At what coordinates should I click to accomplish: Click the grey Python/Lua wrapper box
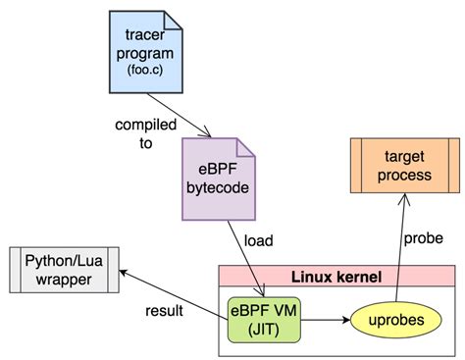[64, 267]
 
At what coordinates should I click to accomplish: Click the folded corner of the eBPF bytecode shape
[247, 146]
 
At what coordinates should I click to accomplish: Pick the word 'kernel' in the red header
[361, 250]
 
